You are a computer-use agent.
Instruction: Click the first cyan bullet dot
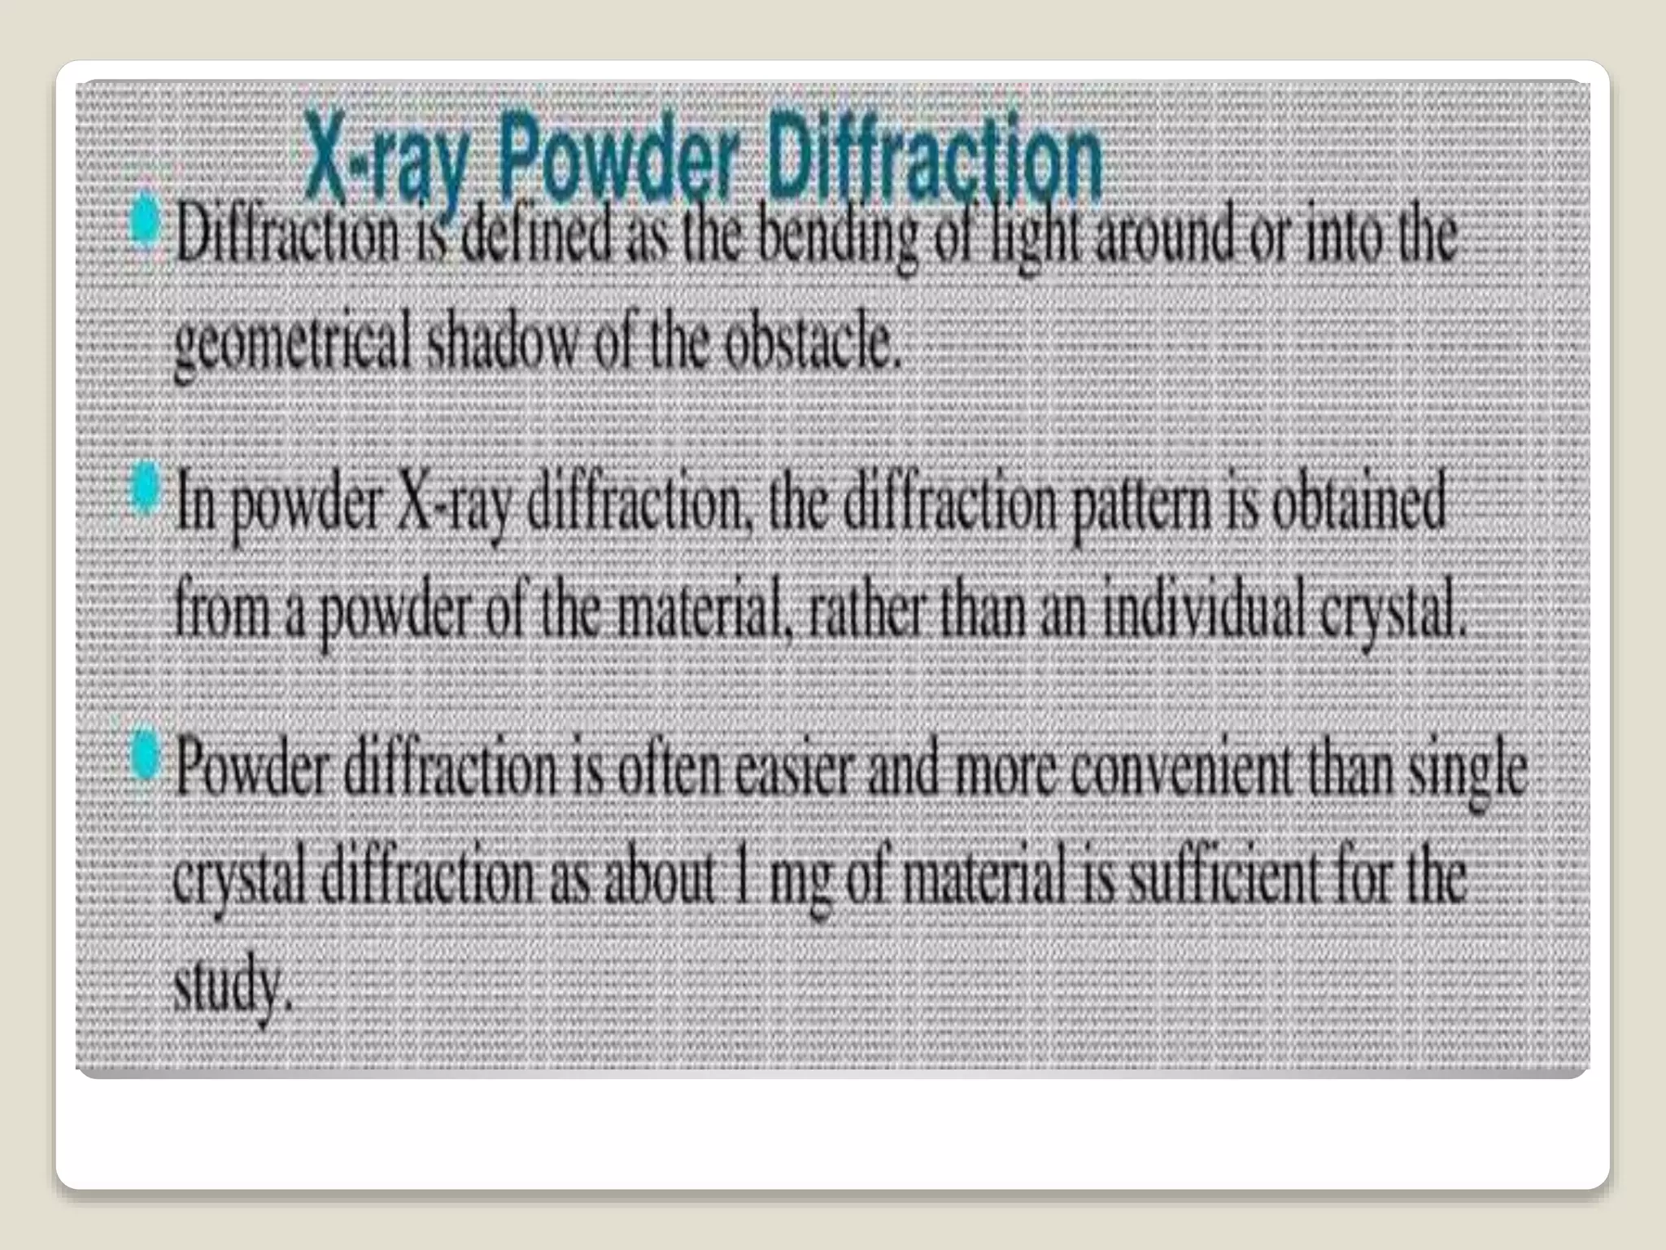(x=146, y=218)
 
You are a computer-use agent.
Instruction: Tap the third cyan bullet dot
(x=145, y=753)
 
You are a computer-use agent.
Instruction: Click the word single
(x=1468, y=773)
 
